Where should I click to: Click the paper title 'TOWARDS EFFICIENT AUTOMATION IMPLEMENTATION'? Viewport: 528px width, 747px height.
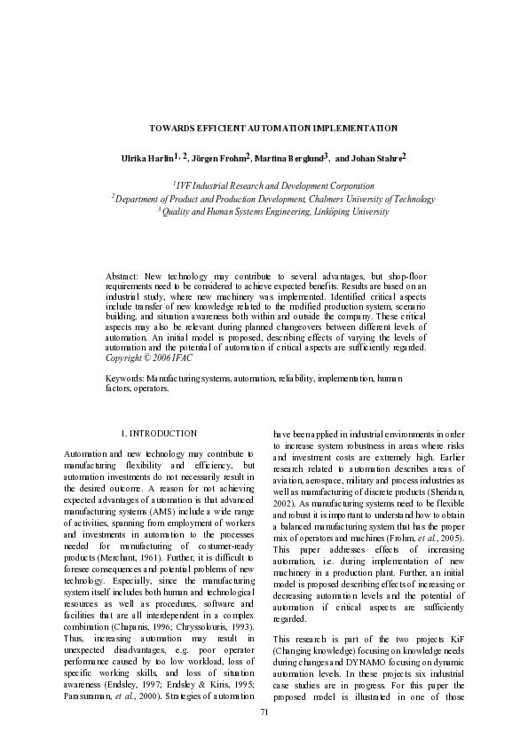[272, 129]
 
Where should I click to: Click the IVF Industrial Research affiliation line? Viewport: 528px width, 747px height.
[273, 186]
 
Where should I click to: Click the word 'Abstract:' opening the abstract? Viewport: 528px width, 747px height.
[122, 278]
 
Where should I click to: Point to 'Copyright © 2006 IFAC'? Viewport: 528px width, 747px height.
[148, 358]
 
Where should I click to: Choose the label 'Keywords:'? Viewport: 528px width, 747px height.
[125, 378]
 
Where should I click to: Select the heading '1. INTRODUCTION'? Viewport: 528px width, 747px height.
[158, 433]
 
